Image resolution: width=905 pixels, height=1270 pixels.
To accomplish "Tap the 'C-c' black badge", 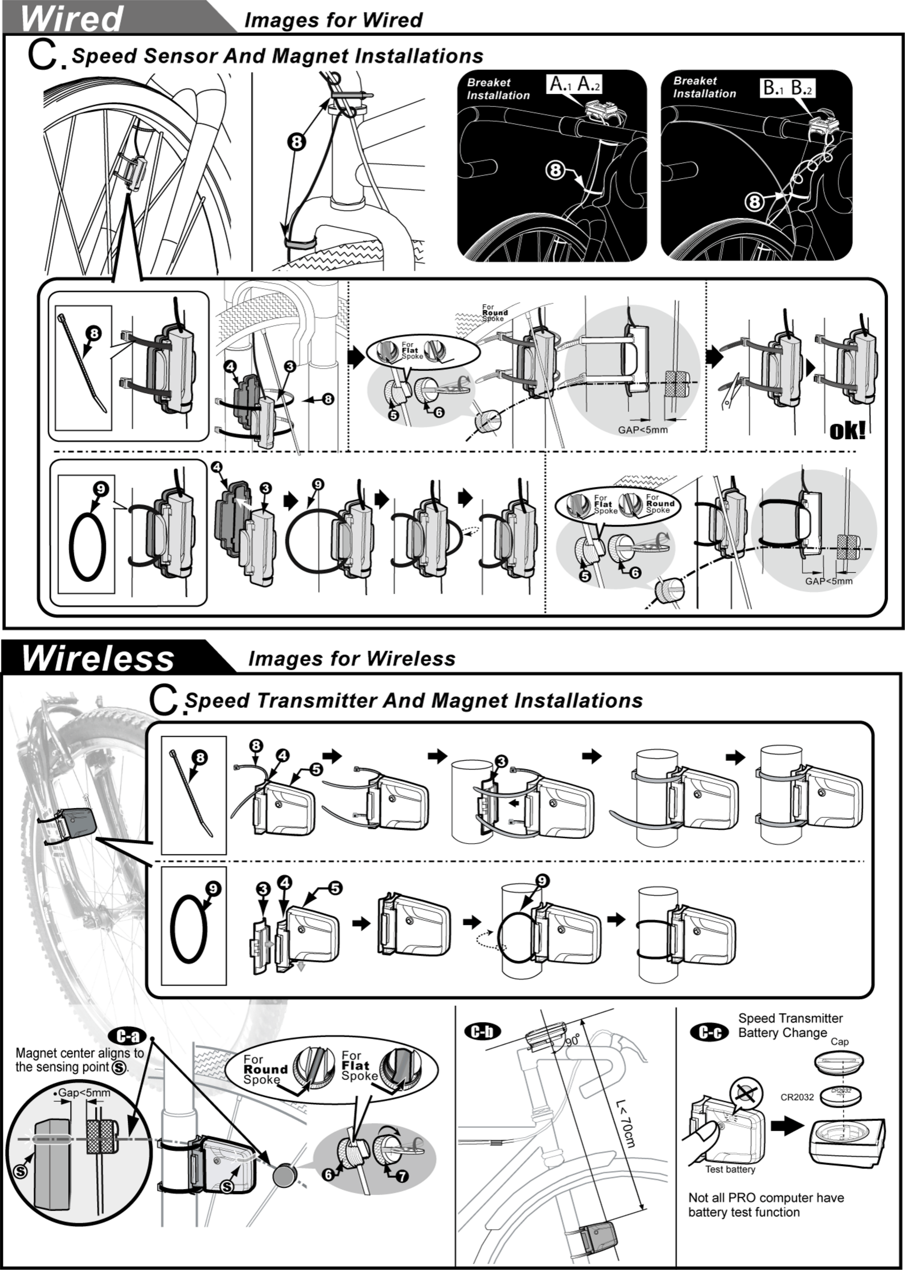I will click(709, 1033).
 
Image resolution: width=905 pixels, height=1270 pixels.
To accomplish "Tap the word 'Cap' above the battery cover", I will click(839, 1041).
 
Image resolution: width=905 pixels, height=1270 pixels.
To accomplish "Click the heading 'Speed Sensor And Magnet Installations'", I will click(278, 56).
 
